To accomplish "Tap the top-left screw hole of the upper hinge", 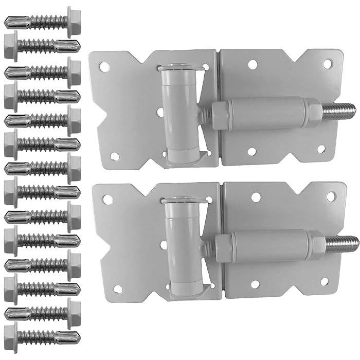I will [105, 66].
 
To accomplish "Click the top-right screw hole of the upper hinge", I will [327, 63].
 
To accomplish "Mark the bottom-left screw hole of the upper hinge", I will [115, 156].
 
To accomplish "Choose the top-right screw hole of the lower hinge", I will [330, 196].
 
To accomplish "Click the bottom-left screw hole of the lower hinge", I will [118, 289].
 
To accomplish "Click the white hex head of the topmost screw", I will [74, 21].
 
